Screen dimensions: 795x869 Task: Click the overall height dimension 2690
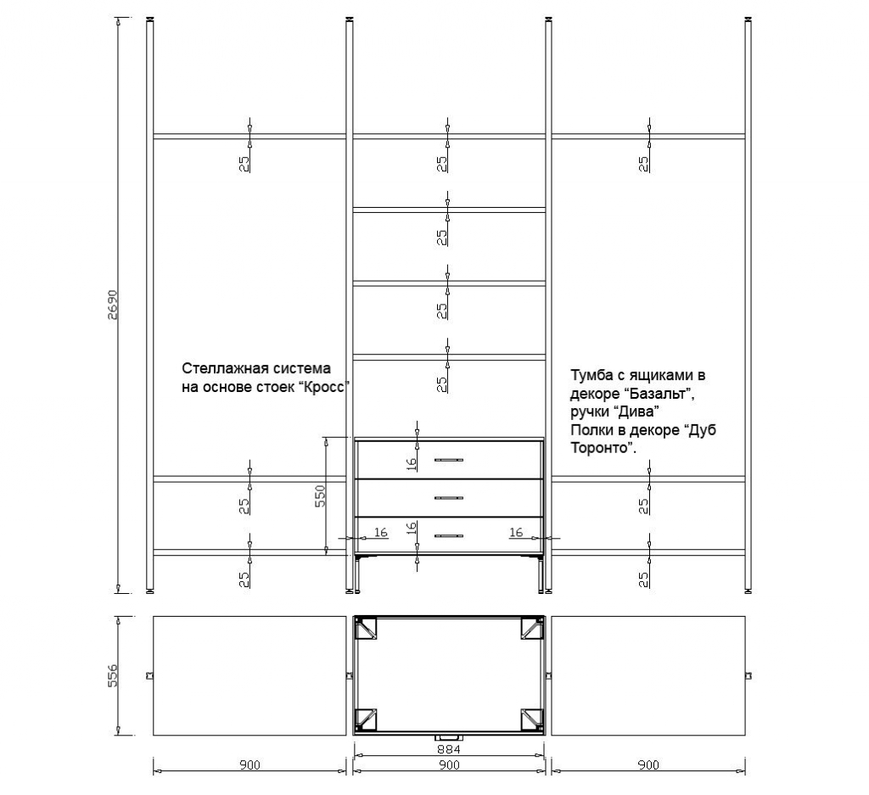pos(113,306)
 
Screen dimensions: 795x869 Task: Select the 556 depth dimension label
pos(113,675)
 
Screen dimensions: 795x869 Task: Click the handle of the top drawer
pos(449,460)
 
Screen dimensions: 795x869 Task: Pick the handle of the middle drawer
pos(449,497)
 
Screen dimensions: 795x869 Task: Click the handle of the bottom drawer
pos(449,535)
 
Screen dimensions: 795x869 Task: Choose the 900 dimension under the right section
pos(648,766)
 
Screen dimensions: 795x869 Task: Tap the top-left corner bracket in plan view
pos(367,628)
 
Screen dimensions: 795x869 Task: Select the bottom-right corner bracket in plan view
pos(531,720)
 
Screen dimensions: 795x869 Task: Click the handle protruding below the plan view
pos(449,736)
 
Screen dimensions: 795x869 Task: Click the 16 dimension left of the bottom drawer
pos(380,532)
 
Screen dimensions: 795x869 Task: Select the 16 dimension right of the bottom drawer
pos(516,532)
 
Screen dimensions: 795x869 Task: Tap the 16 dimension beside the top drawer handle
pos(411,463)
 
